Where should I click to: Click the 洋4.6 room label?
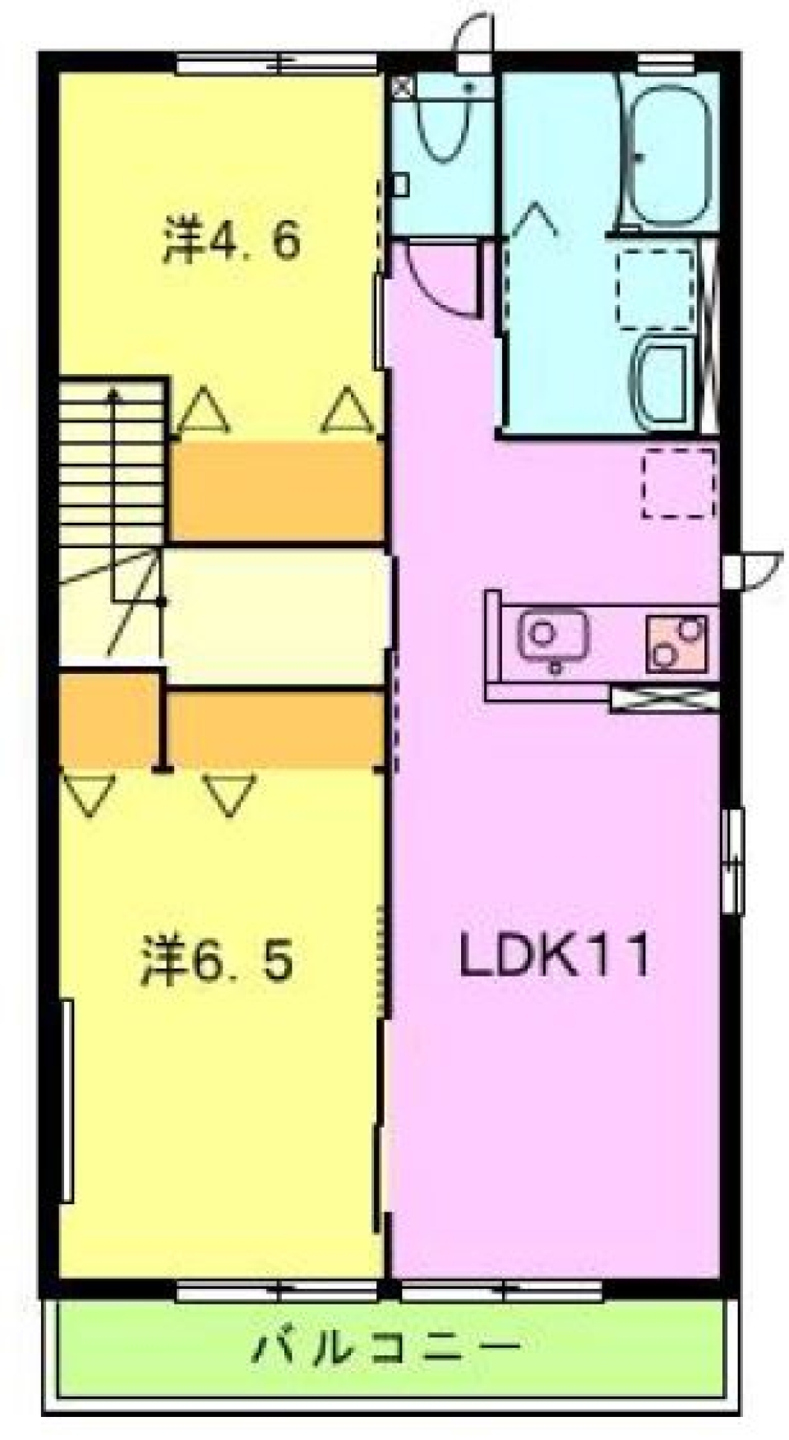click(231, 240)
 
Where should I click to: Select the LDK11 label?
click(555, 955)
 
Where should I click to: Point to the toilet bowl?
click(445, 123)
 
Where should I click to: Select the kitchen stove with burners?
click(676, 642)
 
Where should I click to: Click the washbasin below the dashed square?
click(662, 383)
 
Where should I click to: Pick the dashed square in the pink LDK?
click(678, 483)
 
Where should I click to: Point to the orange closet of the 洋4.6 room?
click(278, 491)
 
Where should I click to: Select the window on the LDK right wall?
click(733, 861)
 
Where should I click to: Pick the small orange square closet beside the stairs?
click(109, 720)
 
